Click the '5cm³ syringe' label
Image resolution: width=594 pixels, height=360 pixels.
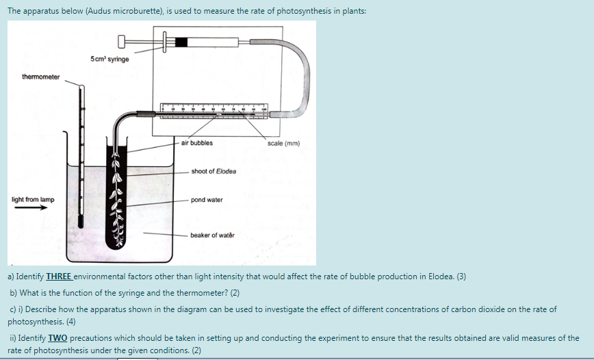[x=109, y=59]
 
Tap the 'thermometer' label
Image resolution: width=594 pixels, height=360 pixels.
[x=40, y=77]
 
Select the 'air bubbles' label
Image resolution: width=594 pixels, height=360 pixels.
[x=197, y=143]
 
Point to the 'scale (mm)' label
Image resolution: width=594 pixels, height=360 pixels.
[x=284, y=144]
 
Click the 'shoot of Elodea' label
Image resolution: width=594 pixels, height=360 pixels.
[x=214, y=171]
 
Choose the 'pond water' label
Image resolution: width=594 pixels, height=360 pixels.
[x=207, y=200]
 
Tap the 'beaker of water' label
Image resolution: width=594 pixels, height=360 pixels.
[x=212, y=235]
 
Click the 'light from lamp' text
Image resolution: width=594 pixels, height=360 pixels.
[x=33, y=200]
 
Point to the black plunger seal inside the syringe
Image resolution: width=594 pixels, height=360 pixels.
[x=181, y=42]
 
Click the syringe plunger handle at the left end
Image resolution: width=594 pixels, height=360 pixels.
[x=123, y=42]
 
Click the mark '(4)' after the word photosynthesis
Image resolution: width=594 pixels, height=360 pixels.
[x=70, y=321]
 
